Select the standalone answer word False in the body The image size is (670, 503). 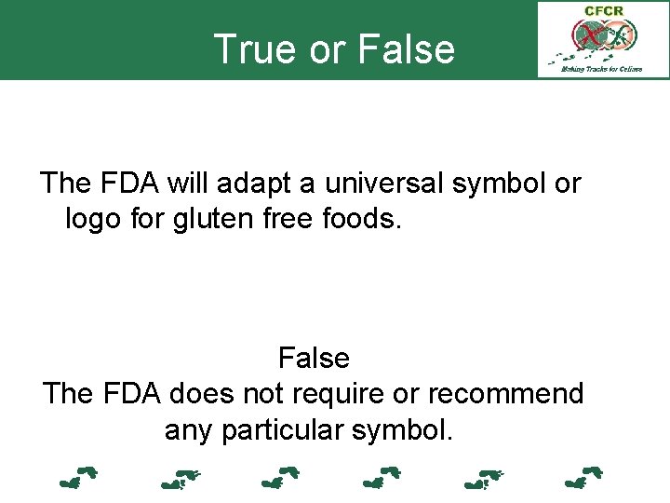click(314, 358)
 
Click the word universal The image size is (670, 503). click(382, 184)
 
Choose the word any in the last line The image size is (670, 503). click(187, 430)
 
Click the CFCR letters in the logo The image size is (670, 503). click(602, 11)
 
